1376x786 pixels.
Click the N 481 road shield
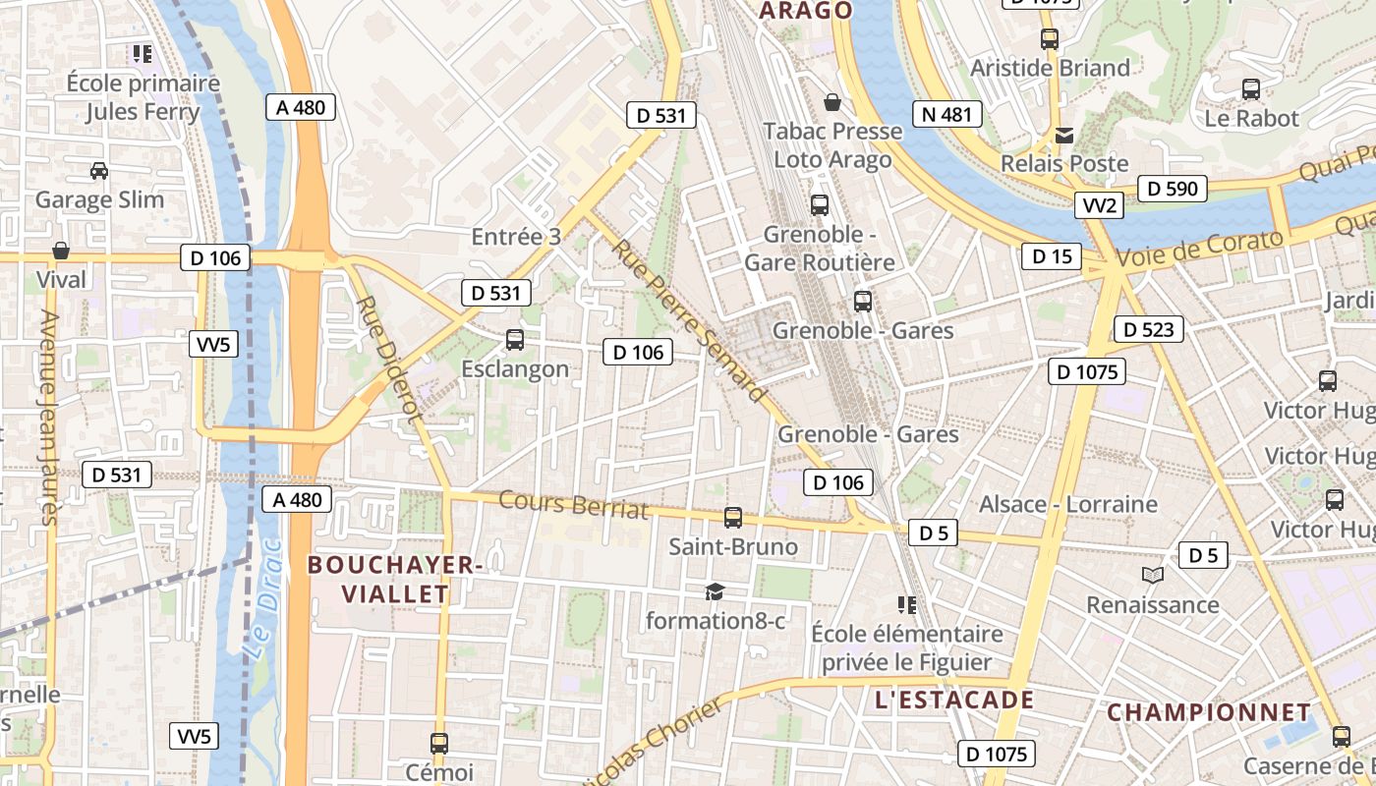[x=947, y=114]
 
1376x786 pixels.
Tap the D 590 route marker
[x=1172, y=188]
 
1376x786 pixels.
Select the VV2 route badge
[x=1098, y=205]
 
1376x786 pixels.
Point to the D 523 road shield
[x=1148, y=329]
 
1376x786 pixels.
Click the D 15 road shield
[x=1052, y=257]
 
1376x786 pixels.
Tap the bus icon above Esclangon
[x=514, y=340]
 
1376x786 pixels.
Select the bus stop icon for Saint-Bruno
[x=732, y=517]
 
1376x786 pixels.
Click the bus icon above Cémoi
[x=439, y=744]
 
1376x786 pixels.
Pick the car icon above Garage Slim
[x=99, y=171]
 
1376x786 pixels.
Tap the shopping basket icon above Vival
[x=61, y=251]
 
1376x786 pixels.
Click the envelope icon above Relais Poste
[x=1064, y=135]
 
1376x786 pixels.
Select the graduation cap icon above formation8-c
[x=715, y=591]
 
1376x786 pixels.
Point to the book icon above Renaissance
[x=1152, y=575]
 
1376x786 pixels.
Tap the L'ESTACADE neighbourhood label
[x=953, y=700]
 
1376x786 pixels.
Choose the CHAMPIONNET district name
[x=1209, y=712]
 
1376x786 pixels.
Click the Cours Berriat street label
[x=574, y=504]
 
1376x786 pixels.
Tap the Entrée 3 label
[x=516, y=237]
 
